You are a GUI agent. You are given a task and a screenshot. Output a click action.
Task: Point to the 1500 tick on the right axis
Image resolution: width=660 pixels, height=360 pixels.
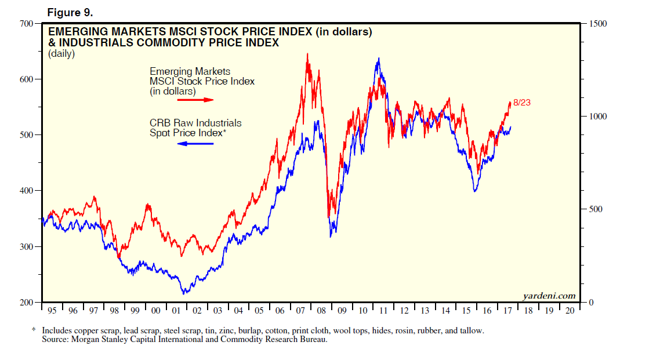(597, 24)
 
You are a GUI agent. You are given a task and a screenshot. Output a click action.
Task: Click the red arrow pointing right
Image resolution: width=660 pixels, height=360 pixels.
(195, 100)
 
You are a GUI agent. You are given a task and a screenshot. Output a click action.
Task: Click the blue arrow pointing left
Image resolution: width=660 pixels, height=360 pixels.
(195, 143)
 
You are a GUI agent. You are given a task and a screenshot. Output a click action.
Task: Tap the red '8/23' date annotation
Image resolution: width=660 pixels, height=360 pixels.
(522, 103)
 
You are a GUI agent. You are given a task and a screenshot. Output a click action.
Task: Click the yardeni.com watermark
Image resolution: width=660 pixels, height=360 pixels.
(549, 296)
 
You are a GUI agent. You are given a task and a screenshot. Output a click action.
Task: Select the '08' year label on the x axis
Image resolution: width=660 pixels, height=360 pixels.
(321, 311)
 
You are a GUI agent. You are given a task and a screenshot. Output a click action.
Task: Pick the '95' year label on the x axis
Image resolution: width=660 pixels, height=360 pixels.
(52, 311)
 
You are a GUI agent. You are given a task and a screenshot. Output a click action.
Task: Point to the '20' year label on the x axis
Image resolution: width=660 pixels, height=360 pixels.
(570, 311)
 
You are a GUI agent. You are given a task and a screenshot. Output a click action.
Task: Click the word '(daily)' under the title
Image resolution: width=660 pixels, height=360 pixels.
(61, 54)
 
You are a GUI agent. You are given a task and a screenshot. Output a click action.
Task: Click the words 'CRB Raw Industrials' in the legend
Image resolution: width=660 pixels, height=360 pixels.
(195, 123)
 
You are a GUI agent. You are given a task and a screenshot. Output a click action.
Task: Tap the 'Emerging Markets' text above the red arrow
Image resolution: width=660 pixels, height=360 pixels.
(190, 71)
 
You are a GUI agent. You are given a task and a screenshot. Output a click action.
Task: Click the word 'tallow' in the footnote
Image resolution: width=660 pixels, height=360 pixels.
(471, 330)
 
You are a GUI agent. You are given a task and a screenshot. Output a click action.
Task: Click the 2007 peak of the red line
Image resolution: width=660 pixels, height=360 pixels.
(307, 54)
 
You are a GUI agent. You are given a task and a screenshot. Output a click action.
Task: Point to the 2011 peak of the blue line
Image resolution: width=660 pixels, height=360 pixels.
(379, 58)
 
